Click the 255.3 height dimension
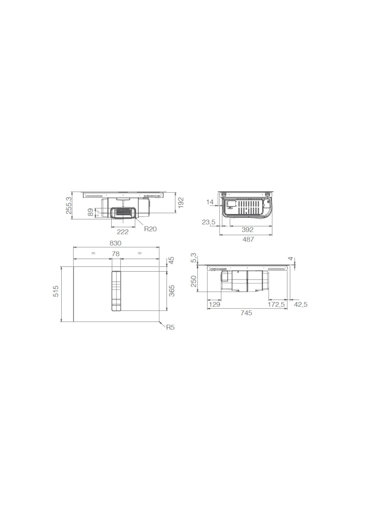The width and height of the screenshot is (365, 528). point(68,205)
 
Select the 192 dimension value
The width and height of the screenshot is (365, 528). point(180,203)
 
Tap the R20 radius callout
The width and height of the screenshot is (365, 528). point(150,229)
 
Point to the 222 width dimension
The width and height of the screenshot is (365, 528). point(122,232)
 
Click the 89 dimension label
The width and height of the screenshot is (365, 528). point(90,212)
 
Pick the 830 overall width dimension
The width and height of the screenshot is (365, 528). point(115,243)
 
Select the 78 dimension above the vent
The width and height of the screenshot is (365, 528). point(116,254)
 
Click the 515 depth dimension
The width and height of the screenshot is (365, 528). point(56,291)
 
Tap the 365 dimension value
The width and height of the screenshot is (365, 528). point(172,291)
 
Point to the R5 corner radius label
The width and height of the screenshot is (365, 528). point(170,328)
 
